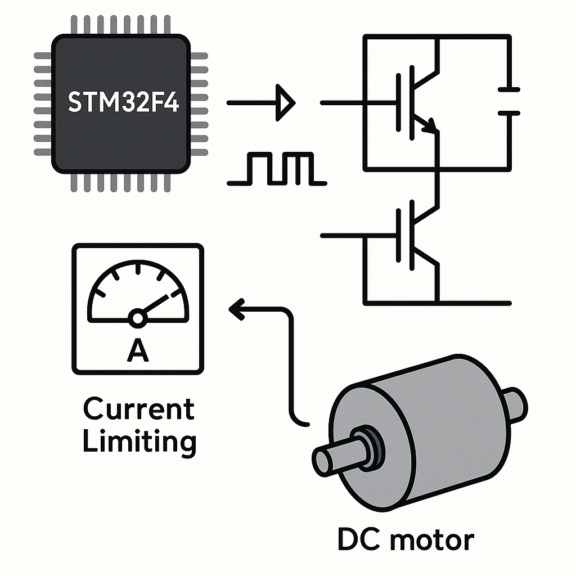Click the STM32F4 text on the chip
click(123, 103)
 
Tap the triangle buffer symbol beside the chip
click(285, 103)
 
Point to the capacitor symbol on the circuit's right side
click(510, 101)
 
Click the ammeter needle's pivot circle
click(137, 318)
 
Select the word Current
click(138, 409)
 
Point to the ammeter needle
click(154, 306)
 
